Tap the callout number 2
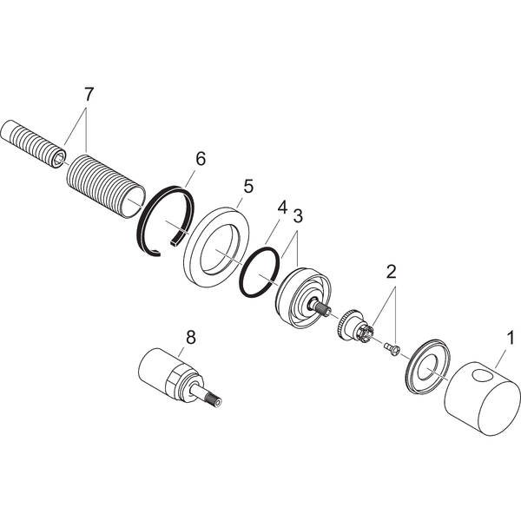392,272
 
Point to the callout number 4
281,208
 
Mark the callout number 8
190,334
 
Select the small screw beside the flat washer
392,349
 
